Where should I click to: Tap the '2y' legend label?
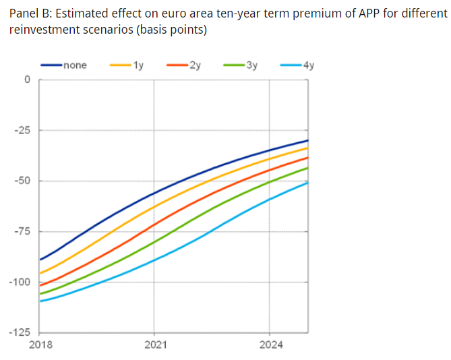click(x=196, y=65)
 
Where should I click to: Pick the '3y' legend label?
click(x=252, y=65)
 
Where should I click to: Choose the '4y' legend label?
click(x=309, y=65)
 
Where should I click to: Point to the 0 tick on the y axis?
click(x=28, y=80)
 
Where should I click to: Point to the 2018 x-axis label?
click(x=40, y=345)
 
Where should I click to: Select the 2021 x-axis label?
click(x=154, y=345)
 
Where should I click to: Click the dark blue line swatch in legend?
click(x=51, y=65)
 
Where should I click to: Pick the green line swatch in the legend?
click(x=233, y=65)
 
